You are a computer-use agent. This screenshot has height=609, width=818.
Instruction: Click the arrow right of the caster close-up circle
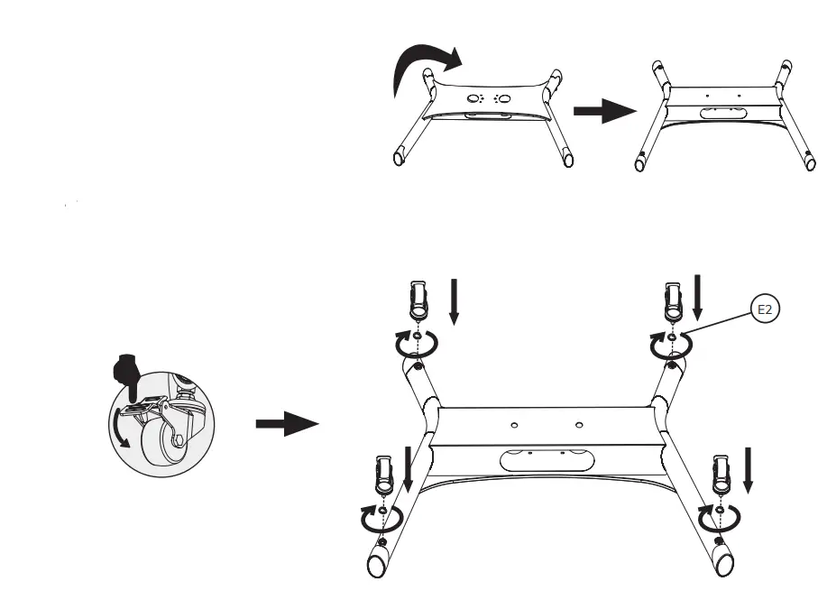point(287,425)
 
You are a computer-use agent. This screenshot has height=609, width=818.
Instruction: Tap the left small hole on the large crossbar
point(513,424)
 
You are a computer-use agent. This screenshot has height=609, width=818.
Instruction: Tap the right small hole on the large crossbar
point(578,424)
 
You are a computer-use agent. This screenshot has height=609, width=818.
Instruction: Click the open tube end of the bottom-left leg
point(377,566)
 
